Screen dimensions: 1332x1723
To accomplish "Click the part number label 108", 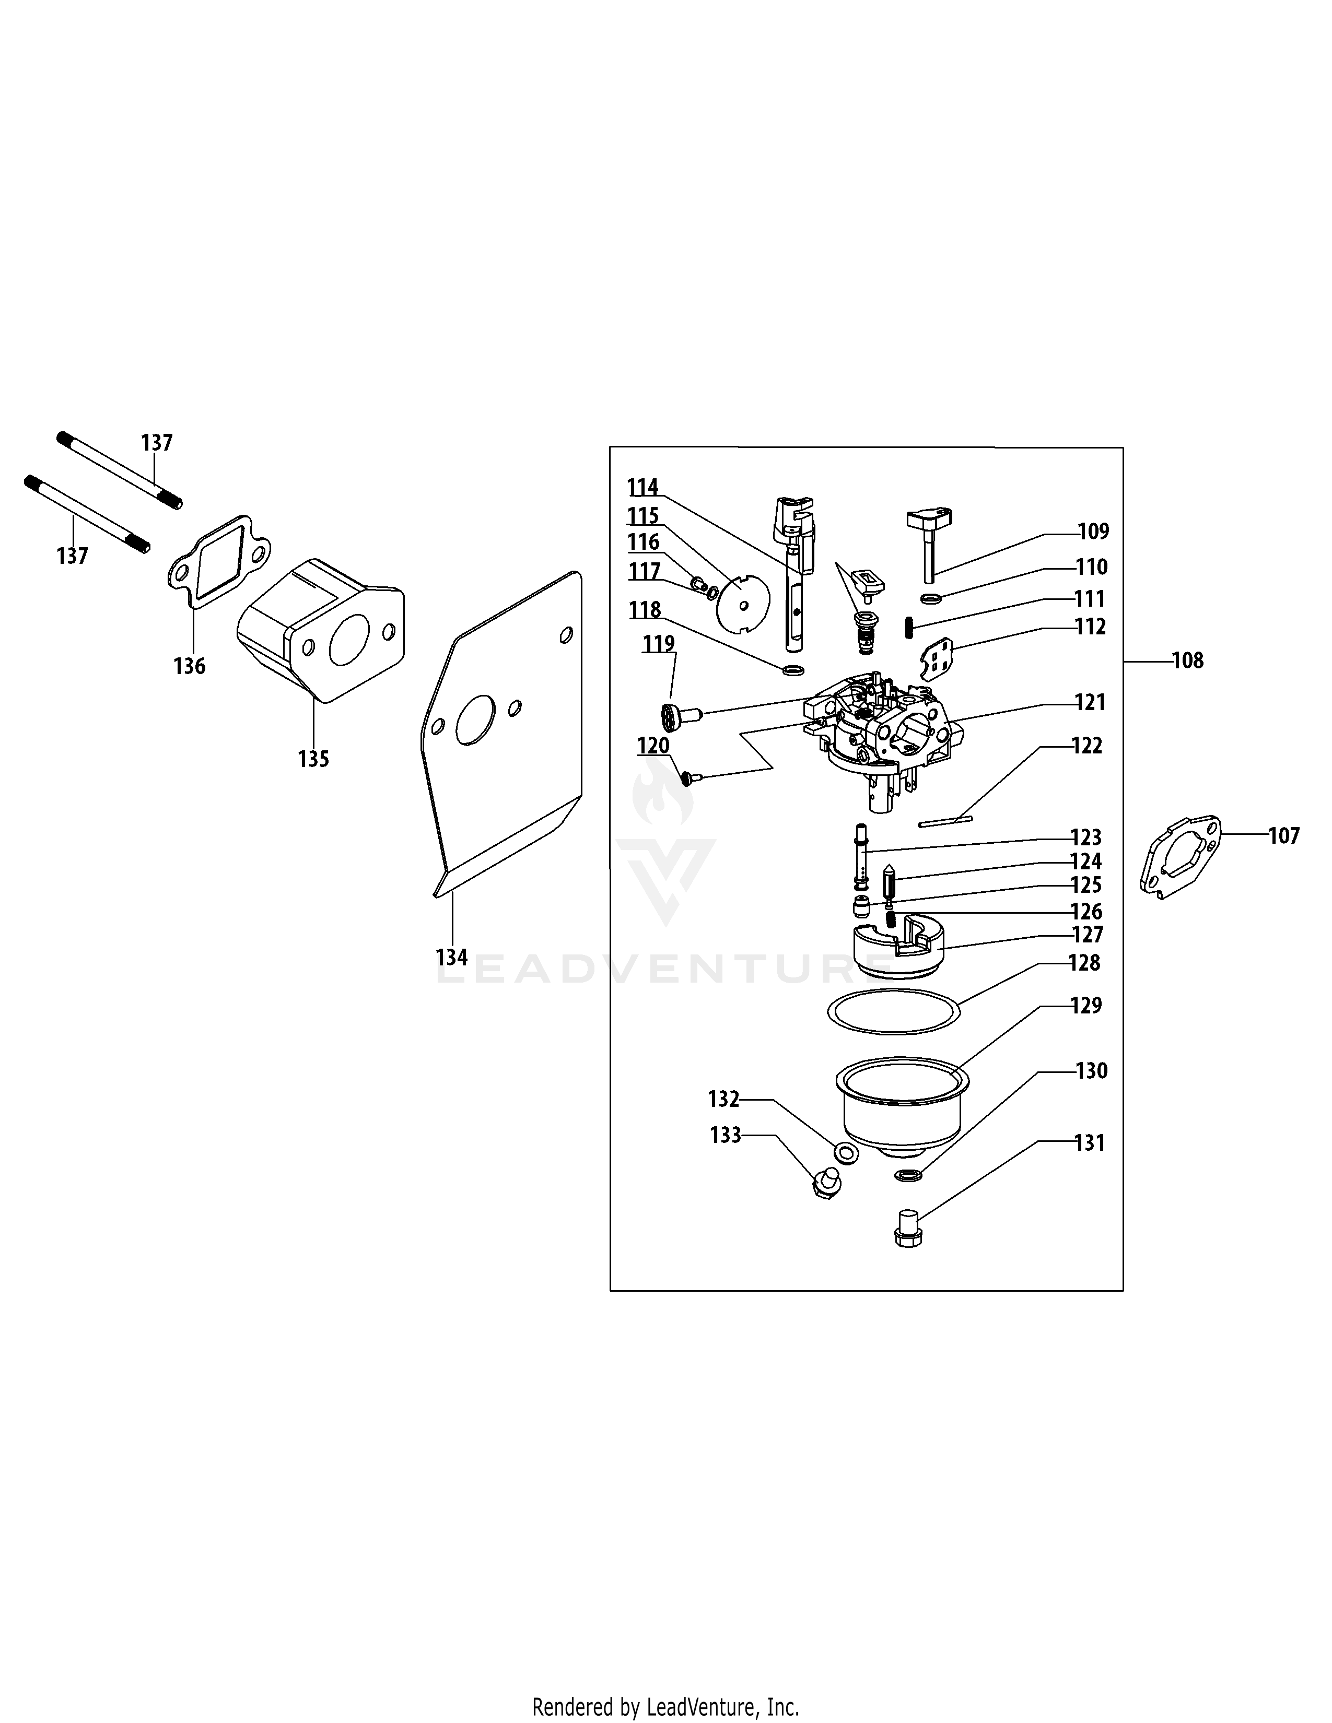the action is coord(1188,660).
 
